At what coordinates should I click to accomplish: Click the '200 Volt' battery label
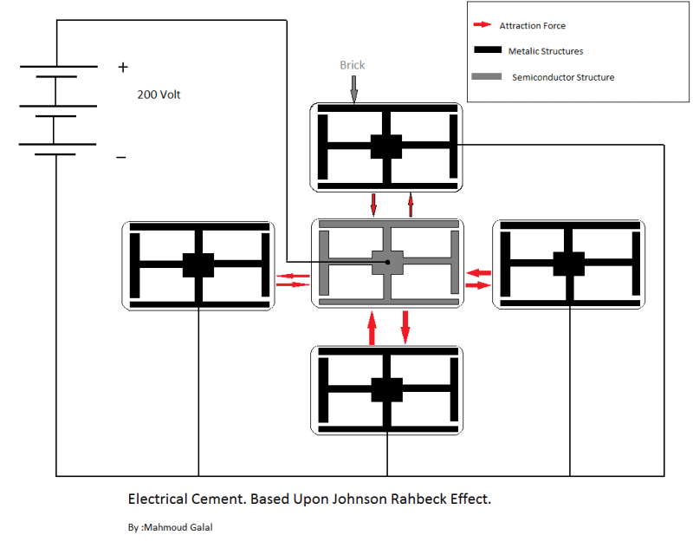pos(159,95)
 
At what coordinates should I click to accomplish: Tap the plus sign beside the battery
pos(123,67)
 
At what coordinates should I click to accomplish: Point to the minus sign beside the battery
pos(121,158)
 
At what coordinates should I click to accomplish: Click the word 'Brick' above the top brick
pos(353,65)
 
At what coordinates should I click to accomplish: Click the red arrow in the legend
pos(483,26)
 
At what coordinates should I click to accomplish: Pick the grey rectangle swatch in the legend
pos(486,77)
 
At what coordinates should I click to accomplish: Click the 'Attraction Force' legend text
pos(532,26)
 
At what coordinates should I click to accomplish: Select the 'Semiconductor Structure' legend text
pos(563,77)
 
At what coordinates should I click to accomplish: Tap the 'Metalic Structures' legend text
pos(546,51)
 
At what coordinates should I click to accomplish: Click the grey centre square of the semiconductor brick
pos(387,263)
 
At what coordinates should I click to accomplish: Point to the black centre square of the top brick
pos(386,146)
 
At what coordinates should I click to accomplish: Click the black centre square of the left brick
pos(198,264)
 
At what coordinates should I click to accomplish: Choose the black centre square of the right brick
pos(569,264)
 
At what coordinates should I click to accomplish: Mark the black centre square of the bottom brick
pos(386,389)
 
